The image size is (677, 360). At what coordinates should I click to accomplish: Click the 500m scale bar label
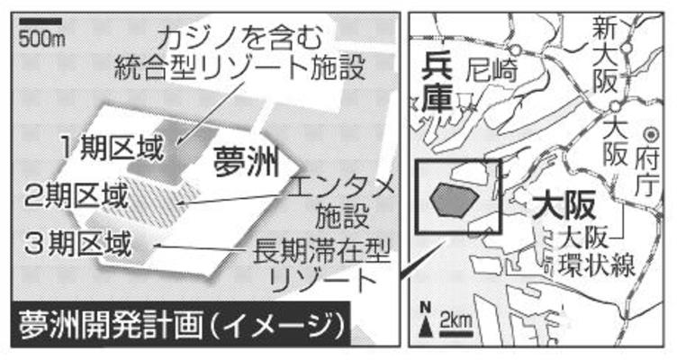click(42, 40)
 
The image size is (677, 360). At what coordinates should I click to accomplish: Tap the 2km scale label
click(456, 320)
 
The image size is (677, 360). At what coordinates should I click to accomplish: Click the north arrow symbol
click(426, 319)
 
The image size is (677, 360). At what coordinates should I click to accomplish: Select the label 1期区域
click(113, 148)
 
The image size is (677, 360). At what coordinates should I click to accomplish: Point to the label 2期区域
click(76, 195)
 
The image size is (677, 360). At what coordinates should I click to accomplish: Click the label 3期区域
click(77, 244)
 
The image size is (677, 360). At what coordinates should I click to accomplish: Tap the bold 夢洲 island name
click(246, 162)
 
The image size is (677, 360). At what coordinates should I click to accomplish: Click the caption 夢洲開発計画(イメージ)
click(181, 326)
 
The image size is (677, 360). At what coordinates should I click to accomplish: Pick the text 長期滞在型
click(321, 251)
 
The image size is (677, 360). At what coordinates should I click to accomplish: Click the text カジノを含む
click(240, 39)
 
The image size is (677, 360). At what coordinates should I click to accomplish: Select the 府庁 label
click(646, 173)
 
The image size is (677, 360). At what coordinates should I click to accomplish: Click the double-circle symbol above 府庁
click(651, 135)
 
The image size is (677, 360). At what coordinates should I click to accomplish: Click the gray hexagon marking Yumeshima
click(455, 200)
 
